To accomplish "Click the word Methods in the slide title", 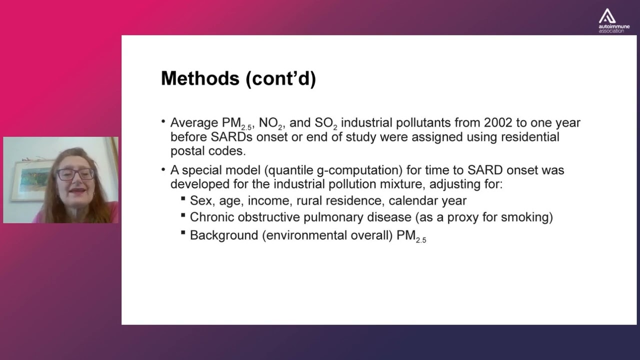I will (x=200, y=78).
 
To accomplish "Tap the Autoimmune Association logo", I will (x=614, y=20).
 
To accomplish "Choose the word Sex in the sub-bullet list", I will (x=200, y=201).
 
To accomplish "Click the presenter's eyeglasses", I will (x=74, y=174).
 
